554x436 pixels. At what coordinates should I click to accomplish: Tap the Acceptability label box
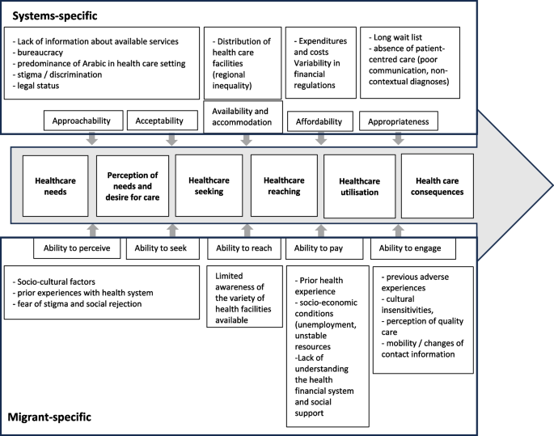coord(161,121)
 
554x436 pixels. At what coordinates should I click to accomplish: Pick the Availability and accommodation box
coord(243,116)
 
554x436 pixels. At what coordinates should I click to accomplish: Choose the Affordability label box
coord(319,121)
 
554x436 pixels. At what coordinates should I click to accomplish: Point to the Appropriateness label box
coord(403,121)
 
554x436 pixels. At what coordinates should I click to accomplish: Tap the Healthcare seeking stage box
coord(208,186)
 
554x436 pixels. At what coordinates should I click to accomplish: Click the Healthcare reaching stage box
coord(283,186)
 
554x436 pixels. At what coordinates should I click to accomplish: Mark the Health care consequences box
coord(438,186)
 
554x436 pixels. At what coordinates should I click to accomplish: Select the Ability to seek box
coord(161,248)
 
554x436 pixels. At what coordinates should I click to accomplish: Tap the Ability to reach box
coord(243,248)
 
